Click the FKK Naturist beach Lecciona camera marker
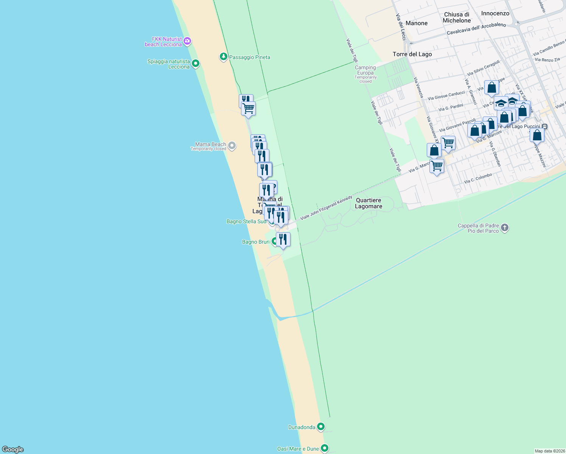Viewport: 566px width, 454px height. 187,41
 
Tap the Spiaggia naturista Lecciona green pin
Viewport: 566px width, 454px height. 196,63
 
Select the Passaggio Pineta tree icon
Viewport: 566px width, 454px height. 224,57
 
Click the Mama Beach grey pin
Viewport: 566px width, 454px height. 232,146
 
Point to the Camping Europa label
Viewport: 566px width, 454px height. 365,70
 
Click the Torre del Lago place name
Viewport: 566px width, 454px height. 412,54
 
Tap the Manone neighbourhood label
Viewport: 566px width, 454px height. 416,23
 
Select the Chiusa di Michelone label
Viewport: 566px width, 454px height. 457,17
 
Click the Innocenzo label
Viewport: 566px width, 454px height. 495,13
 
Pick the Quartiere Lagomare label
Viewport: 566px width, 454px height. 369,203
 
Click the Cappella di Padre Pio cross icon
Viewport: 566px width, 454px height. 505,228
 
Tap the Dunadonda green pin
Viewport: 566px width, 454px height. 321,427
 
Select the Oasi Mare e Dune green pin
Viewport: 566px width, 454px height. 324,448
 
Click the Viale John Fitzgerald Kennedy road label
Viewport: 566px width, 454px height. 326,208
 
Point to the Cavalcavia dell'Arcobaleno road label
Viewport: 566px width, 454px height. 476,29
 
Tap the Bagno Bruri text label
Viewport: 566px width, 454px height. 256,242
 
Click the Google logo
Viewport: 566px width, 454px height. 13,449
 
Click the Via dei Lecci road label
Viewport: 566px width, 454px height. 401,27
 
